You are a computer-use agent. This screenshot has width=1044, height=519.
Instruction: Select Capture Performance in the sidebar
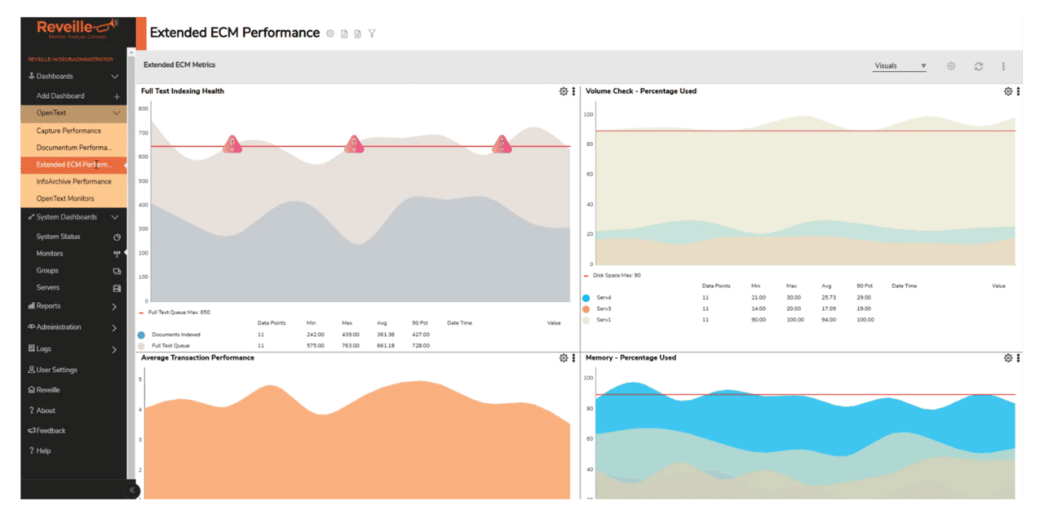click(69, 131)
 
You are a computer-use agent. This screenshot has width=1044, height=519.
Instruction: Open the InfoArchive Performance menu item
click(73, 181)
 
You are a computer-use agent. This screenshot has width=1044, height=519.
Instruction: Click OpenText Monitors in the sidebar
click(65, 198)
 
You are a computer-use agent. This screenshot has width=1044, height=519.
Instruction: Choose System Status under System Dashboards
click(58, 237)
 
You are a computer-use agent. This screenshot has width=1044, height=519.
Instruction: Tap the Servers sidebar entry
click(47, 287)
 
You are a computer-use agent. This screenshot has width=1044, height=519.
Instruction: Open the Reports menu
click(48, 306)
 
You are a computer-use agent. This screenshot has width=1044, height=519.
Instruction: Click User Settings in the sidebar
click(56, 370)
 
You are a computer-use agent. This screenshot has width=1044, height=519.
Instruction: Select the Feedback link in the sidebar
click(51, 430)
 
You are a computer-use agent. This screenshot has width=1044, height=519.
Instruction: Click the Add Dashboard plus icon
click(117, 96)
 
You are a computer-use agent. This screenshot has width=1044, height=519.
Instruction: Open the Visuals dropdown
click(899, 66)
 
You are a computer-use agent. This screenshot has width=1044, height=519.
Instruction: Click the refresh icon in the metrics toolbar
click(978, 66)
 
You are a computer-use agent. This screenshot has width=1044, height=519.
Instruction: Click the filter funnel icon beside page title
click(372, 33)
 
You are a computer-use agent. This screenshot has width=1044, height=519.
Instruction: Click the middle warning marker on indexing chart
click(354, 145)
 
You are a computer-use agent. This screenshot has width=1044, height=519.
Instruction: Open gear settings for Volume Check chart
click(1007, 91)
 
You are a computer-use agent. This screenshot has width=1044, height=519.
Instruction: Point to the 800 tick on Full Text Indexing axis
click(143, 108)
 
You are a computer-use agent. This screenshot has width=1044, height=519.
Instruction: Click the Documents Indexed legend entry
click(175, 335)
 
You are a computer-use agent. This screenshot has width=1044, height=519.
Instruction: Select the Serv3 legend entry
click(604, 308)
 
